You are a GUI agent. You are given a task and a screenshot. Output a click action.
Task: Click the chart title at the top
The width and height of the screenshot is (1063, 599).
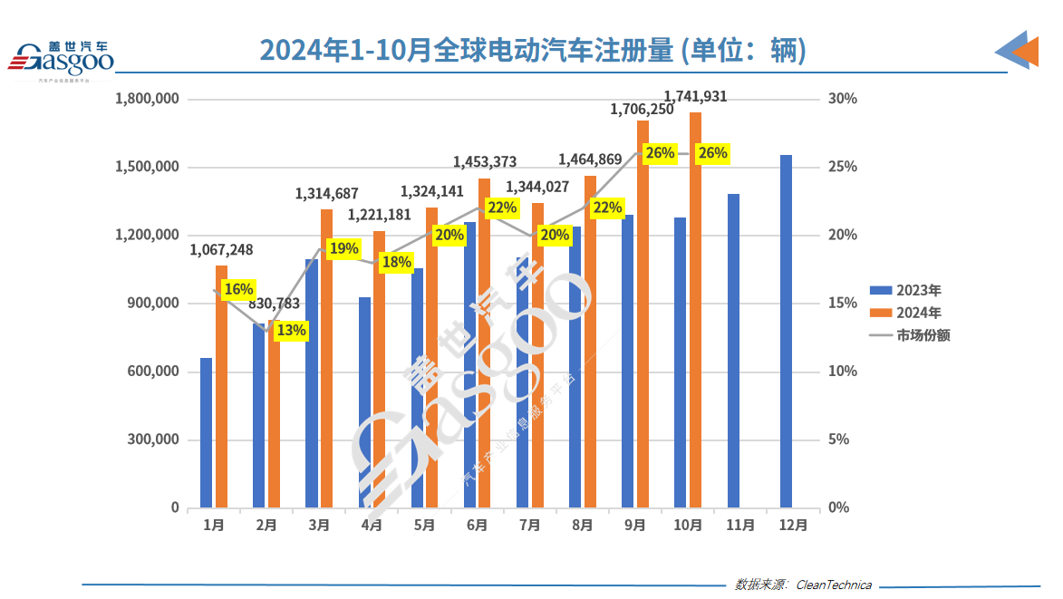point(533,50)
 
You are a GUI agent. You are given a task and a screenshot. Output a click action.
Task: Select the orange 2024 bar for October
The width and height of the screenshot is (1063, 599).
point(695,308)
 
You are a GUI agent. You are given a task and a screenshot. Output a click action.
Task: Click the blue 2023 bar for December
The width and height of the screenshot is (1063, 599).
point(786,331)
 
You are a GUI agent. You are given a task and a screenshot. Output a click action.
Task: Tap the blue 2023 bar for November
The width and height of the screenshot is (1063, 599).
point(733,350)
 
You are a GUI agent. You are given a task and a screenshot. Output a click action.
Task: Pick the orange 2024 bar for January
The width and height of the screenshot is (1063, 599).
point(221,385)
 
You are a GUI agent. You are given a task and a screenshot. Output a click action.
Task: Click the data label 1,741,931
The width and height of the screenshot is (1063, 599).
point(695,96)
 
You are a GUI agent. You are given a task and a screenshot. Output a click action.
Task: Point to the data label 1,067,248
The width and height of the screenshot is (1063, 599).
point(221,250)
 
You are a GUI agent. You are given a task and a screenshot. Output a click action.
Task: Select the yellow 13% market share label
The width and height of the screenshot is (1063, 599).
point(291,331)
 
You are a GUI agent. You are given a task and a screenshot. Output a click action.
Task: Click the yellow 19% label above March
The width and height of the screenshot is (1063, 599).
point(344,248)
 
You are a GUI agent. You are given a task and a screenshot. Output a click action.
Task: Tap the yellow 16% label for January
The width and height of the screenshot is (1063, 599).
point(238,289)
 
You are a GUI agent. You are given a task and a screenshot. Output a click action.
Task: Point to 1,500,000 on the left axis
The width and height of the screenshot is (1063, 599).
point(148,168)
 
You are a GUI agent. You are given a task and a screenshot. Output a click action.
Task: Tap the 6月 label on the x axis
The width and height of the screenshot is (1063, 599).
point(478,525)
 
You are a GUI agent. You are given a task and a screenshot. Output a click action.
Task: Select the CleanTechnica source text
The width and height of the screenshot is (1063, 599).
point(834,585)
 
